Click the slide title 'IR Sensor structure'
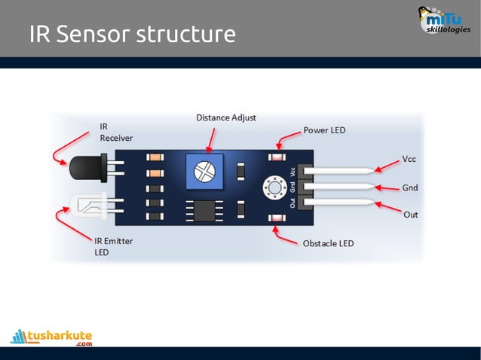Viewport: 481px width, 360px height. click(133, 34)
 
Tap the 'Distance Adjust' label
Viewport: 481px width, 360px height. click(226, 117)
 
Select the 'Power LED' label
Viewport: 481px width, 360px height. click(324, 130)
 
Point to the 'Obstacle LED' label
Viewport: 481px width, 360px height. click(328, 243)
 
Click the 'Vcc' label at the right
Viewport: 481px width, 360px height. click(409, 160)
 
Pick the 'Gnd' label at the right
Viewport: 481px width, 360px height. click(410, 187)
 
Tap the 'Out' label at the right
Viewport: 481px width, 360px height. click(410, 215)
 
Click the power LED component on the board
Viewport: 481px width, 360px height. click(277, 157)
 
